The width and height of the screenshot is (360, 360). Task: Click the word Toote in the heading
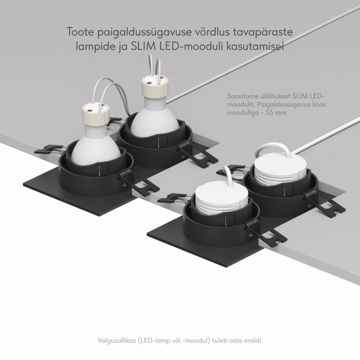point(80,32)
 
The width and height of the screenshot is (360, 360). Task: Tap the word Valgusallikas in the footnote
point(117,340)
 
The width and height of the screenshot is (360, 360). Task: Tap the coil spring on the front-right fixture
point(252,223)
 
